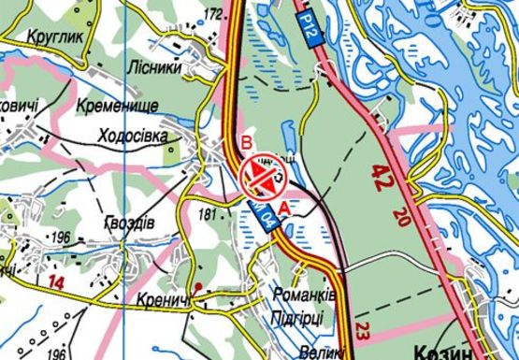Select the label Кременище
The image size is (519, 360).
119,105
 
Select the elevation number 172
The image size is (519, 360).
214,13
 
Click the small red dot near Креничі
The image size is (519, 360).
198,285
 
